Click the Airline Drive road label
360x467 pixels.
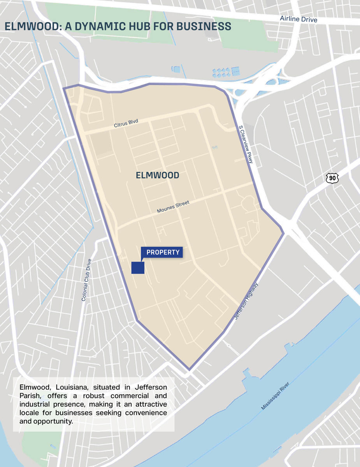click(299, 19)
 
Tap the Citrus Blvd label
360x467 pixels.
click(126, 123)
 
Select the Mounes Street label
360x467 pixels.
click(173, 207)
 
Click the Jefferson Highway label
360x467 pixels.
click(246, 302)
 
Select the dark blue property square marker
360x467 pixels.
click(138, 268)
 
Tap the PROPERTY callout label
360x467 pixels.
click(163, 253)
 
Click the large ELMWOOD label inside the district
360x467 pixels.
click(158, 176)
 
